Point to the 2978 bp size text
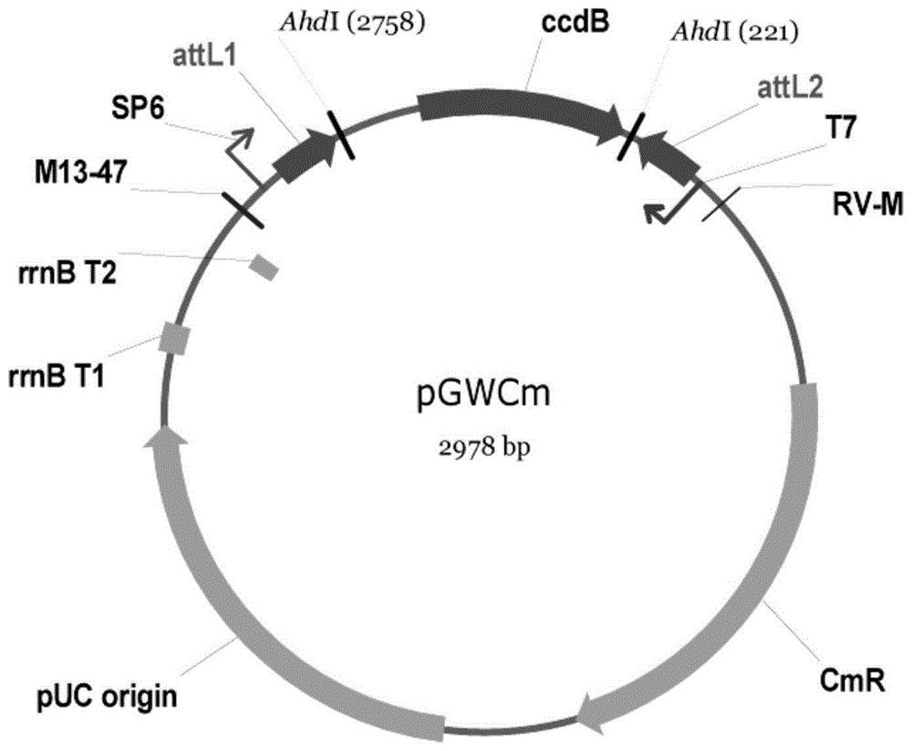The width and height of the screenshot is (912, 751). pos(484,448)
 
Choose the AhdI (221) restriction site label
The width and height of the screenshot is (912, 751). pos(734,33)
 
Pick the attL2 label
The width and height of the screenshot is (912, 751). pos(790,89)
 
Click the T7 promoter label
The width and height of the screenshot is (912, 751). pos(841,128)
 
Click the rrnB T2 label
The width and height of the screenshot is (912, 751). pos(68,272)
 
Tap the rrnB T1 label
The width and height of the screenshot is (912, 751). pos(57,377)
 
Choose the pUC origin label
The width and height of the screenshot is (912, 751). pos(107,697)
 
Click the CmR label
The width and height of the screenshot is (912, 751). pos(852,680)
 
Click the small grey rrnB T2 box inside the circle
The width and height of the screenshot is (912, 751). pos(264,267)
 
